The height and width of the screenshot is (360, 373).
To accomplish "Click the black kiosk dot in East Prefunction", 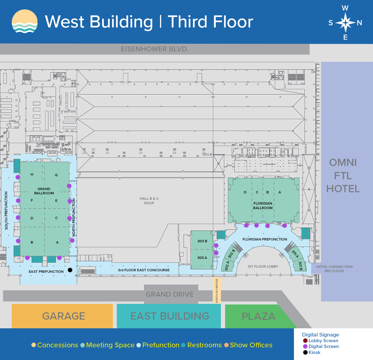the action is coord(70,270).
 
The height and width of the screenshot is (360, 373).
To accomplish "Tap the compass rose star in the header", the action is coord(346,23).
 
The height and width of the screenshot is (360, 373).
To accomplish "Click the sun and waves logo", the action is coord(24,22).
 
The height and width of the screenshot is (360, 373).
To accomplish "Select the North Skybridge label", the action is coord(217,291).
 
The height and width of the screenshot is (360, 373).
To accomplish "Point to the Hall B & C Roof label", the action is coord(149,201).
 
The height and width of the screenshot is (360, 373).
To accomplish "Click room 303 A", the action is coord(202,258).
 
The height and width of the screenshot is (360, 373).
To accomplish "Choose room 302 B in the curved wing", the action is coord(231,254).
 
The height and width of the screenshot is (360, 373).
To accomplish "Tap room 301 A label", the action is coord(295,254).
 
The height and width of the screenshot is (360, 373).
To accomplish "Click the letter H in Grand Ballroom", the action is coord(32,174).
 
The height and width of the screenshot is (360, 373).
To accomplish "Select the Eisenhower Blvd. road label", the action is coord(155,49).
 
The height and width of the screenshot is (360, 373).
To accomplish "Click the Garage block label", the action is coord(64,316).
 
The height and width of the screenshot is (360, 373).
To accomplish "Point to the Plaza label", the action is coord(259,316).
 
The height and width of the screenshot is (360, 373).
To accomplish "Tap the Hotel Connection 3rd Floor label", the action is coord(334,269).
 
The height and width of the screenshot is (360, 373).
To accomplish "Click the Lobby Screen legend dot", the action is coord(305,340).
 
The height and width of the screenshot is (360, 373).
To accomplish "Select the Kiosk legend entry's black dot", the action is coord(305,352).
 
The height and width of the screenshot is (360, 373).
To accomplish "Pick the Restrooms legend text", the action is coord(204,345).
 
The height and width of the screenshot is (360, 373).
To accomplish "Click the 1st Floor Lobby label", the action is coord(263,266).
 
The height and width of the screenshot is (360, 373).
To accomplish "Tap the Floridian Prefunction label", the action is coord(265,239).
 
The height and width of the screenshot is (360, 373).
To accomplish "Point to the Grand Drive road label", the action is coord(170,294).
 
